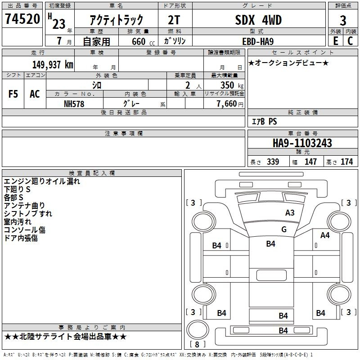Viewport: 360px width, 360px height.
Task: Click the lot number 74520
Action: point(22,19)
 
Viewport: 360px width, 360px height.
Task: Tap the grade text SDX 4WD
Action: point(258,20)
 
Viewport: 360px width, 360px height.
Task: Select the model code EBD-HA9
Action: point(258,41)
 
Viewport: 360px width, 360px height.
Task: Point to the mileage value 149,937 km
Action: point(53,64)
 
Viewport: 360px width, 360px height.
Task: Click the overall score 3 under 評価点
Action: point(343,21)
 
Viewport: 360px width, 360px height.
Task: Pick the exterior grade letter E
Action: point(336,41)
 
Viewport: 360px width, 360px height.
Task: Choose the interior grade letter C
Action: point(351,41)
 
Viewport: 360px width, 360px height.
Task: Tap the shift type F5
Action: point(13,94)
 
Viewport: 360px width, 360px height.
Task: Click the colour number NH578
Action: point(74,104)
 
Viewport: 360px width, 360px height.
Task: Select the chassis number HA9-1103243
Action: point(302,143)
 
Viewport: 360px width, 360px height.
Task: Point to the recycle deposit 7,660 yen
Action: point(230,104)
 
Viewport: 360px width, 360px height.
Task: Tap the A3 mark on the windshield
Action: point(290,213)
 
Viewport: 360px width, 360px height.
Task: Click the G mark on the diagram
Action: point(284,229)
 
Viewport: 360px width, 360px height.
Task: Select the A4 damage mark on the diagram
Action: point(325,235)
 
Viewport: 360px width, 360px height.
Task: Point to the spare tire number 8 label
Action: point(197,344)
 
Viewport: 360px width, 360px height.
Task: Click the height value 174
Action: point(346,162)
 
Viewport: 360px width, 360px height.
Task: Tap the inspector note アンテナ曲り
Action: point(24,206)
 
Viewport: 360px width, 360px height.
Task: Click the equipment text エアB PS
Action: point(264,121)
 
